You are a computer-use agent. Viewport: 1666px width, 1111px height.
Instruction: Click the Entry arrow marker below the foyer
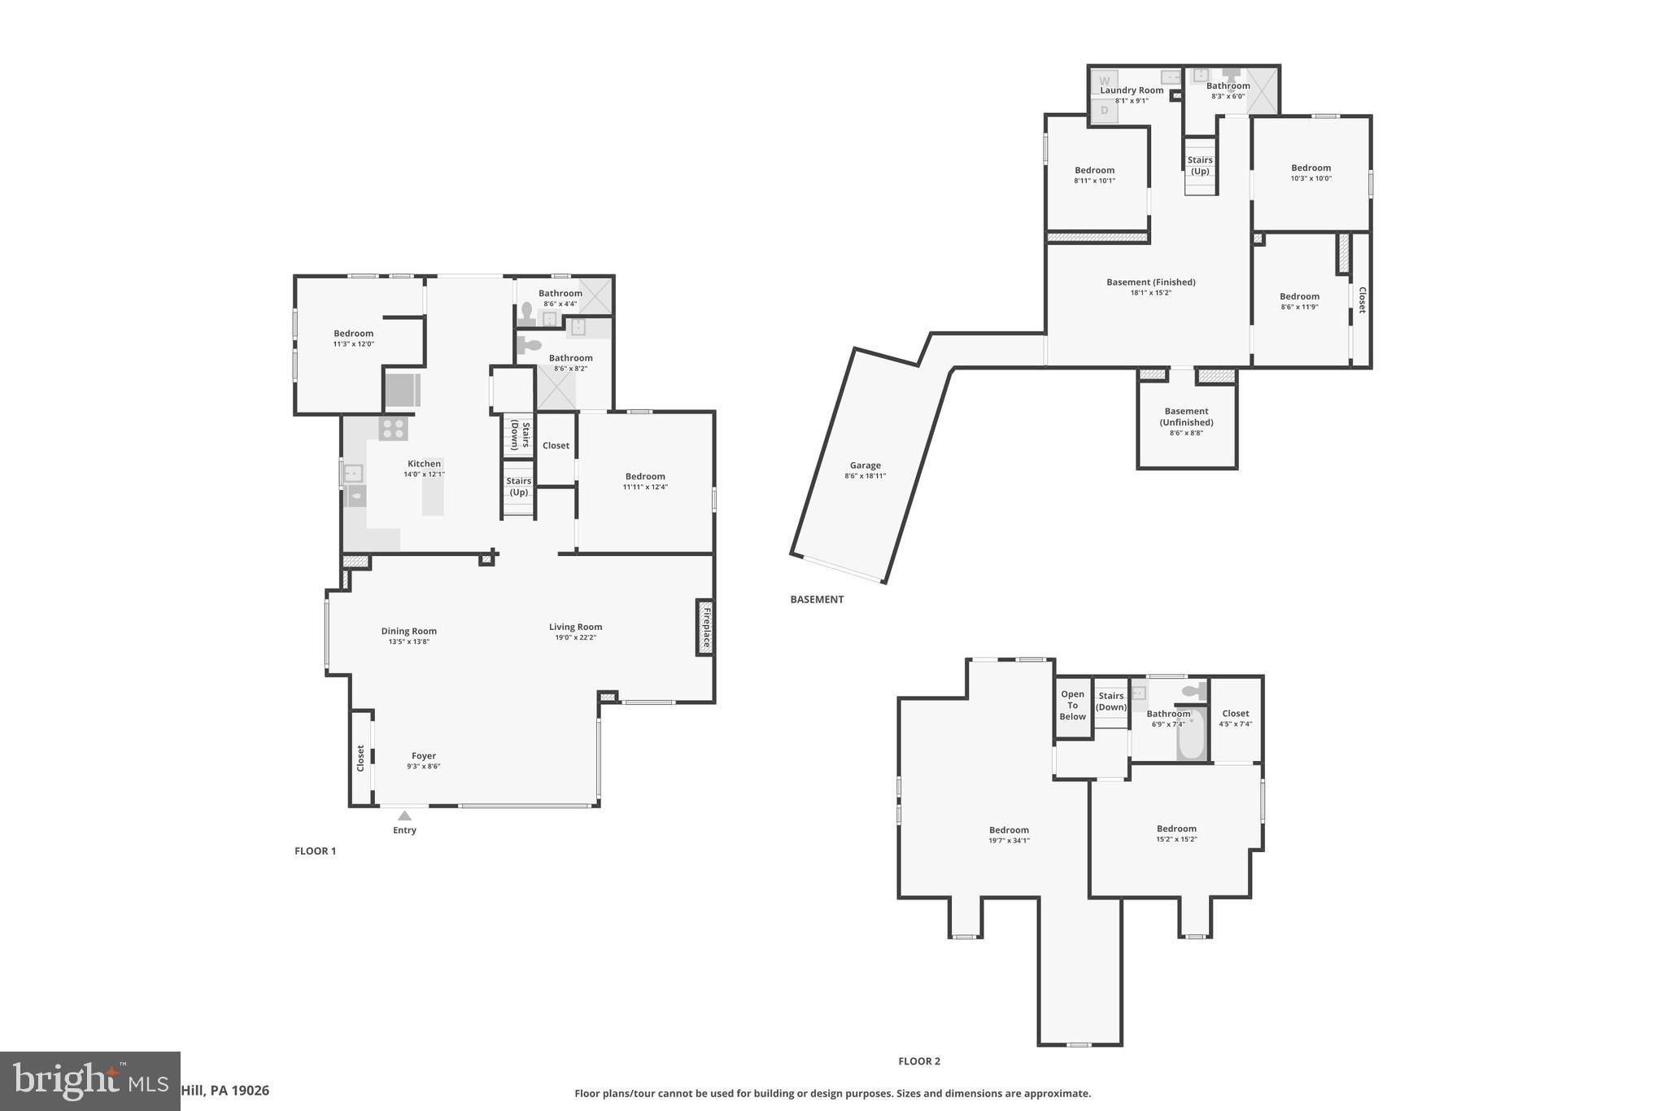[404, 816]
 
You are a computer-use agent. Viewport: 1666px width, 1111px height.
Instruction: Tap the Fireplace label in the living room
[705, 628]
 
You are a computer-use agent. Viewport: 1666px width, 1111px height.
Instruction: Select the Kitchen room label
[424, 464]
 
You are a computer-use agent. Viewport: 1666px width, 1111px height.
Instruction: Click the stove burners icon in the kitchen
[393, 429]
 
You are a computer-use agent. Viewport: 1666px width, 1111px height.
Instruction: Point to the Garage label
[865, 466]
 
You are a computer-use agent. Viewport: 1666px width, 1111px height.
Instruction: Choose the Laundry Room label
[1132, 90]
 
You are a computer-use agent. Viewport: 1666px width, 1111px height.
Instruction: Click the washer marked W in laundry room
[1104, 81]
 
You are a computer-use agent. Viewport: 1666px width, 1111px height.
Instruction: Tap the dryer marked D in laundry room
[1104, 111]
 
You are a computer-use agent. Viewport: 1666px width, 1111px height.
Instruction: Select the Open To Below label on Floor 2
[1072, 706]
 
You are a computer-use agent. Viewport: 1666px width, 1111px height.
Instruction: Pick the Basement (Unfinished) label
[1186, 417]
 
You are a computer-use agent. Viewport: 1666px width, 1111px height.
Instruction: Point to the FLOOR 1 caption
[315, 851]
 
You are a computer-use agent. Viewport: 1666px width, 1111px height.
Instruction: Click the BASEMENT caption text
[817, 600]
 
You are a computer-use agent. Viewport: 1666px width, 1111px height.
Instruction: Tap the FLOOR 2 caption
[918, 1061]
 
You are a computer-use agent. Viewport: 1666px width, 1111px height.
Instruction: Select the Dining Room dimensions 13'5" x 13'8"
[408, 642]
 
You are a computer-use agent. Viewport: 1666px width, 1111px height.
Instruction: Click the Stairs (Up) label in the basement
[1200, 166]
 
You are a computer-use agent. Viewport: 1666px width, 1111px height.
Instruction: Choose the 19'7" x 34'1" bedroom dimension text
[1009, 841]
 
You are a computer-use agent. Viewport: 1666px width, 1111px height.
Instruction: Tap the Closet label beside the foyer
[360, 759]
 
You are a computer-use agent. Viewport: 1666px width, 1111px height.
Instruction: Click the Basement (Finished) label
[1150, 282]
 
